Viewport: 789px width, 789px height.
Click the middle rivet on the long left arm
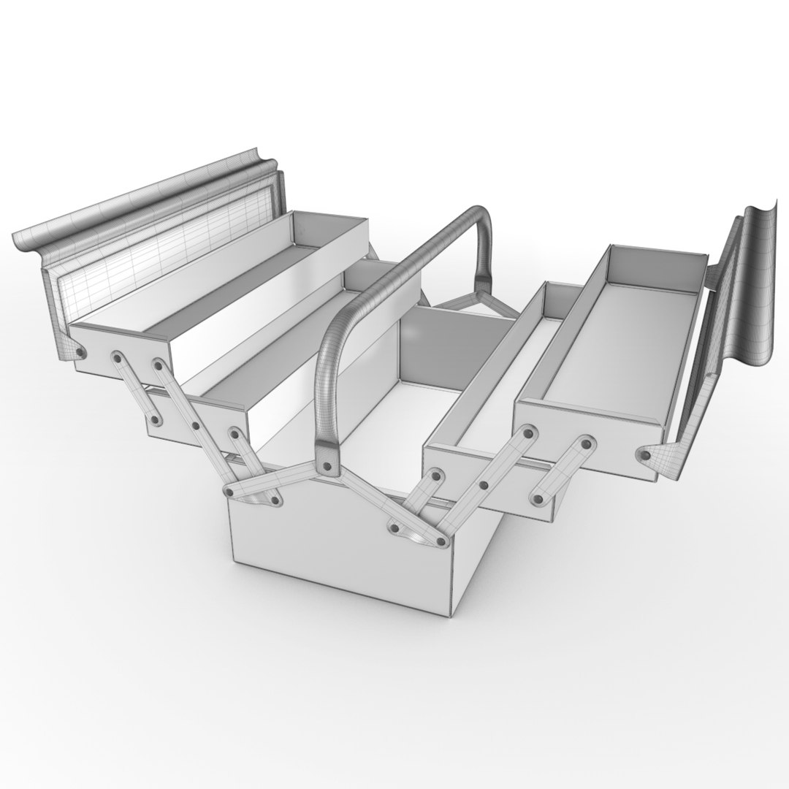pyautogui.click(x=195, y=425)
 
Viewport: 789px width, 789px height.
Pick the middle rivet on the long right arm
pyautogui.click(x=483, y=484)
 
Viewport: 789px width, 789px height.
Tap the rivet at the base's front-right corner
pyautogui.click(x=441, y=541)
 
